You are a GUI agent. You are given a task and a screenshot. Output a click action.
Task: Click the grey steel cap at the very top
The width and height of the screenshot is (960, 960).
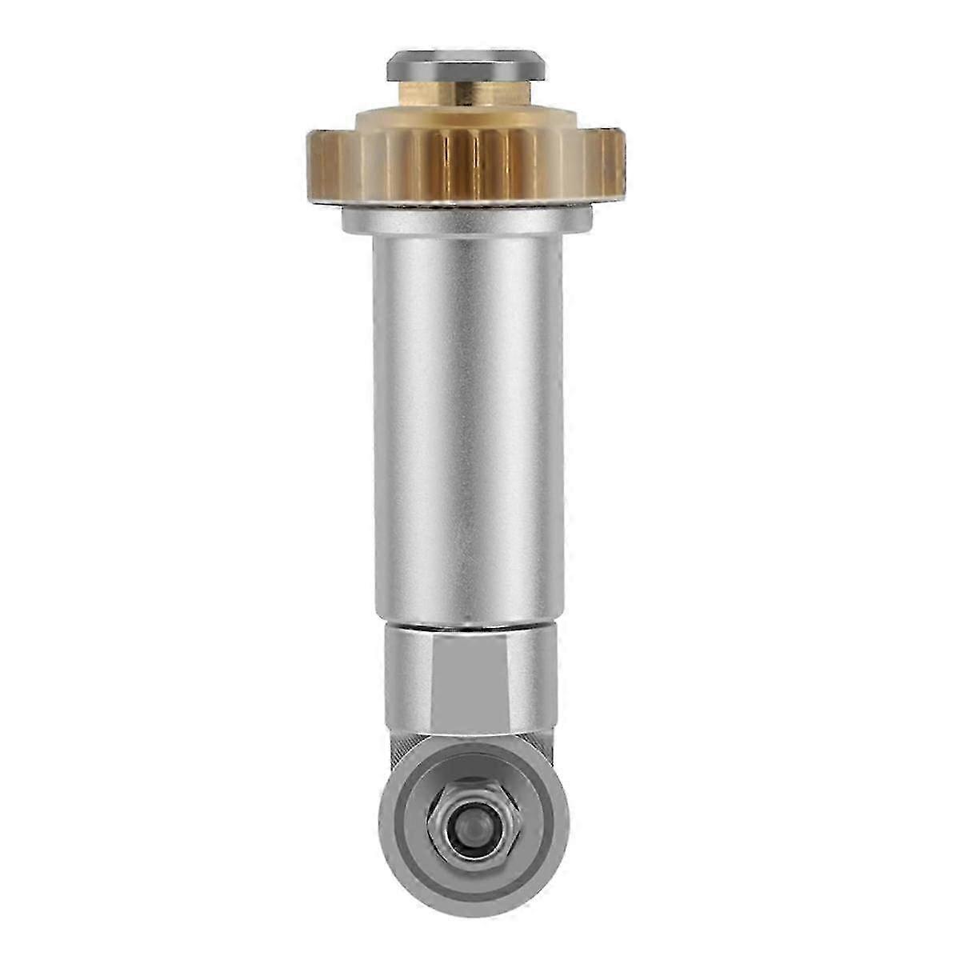pos(466,66)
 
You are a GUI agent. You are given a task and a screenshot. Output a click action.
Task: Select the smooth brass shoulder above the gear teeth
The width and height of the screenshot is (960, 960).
pos(466,120)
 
